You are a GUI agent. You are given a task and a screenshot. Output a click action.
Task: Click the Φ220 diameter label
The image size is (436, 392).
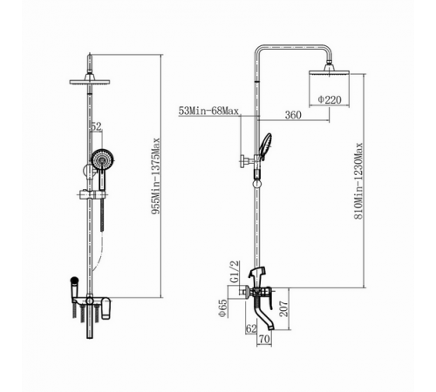(x=330, y=99)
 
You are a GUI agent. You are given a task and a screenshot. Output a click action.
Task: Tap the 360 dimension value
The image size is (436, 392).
(x=293, y=115)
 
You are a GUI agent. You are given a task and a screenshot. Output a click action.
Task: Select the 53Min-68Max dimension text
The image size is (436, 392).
(x=208, y=111)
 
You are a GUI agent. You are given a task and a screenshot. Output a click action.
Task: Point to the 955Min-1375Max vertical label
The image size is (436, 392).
(x=156, y=176)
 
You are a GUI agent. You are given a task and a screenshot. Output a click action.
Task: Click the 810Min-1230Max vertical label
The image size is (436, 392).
(x=358, y=180)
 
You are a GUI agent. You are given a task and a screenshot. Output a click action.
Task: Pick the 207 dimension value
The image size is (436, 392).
(x=283, y=308)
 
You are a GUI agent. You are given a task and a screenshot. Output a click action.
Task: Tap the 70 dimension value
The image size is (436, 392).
(x=264, y=339)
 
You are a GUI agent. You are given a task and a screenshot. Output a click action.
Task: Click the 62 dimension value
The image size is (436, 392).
(x=251, y=328)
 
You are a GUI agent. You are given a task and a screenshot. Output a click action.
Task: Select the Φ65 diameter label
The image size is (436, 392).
(x=222, y=308)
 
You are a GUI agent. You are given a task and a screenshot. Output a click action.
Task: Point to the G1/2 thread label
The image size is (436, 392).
(x=235, y=272)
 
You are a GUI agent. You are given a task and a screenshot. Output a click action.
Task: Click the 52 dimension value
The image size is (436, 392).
(x=97, y=126)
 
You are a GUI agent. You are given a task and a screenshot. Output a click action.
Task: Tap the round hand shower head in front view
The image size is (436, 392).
(x=103, y=159)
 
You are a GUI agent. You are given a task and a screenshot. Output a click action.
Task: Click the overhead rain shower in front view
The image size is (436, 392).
(x=90, y=79)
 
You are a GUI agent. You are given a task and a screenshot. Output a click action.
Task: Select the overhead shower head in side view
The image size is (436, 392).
(x=329, y=71)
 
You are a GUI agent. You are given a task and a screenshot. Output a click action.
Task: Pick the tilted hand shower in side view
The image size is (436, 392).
(x=266, y=146)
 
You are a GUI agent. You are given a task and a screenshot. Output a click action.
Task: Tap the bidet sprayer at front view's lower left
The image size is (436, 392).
(x=74, y=290)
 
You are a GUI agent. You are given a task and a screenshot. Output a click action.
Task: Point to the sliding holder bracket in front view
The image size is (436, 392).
(x=91, y=194)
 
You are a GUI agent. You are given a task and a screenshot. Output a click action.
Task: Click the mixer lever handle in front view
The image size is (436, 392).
(x=106, y=308)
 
